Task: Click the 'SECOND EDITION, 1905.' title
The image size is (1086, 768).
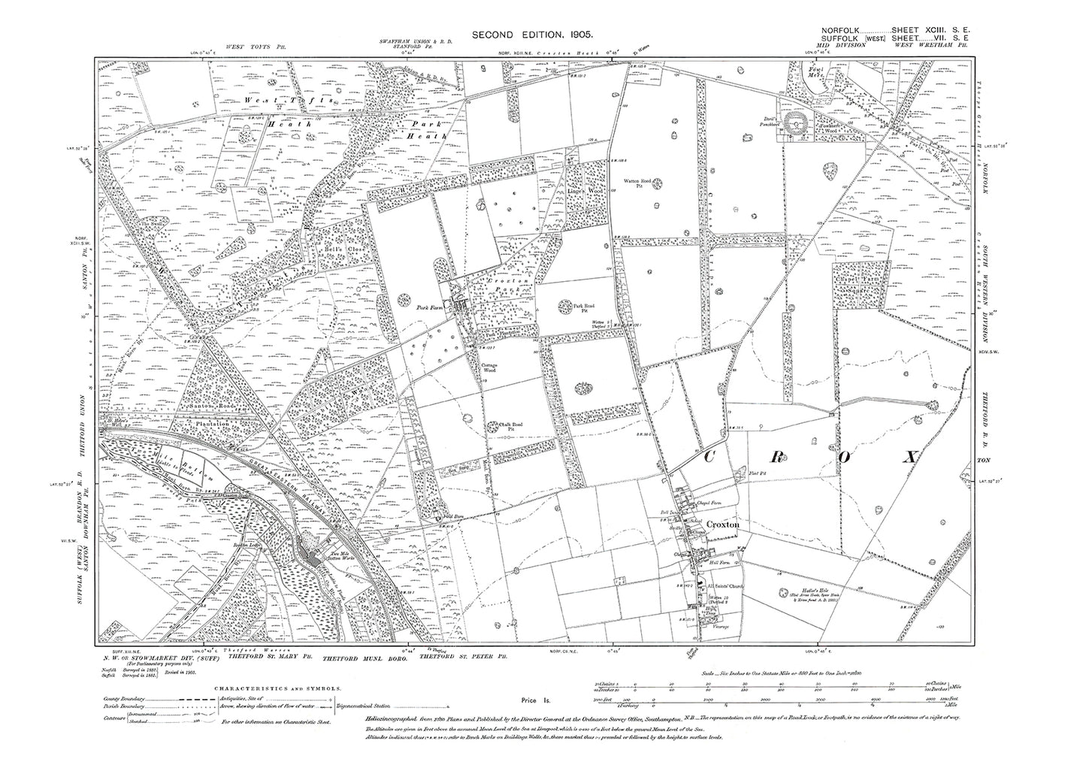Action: coord(543,35)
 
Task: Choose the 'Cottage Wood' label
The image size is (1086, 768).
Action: coord(491,369)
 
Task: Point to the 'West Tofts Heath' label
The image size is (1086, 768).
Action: coord(267,104)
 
